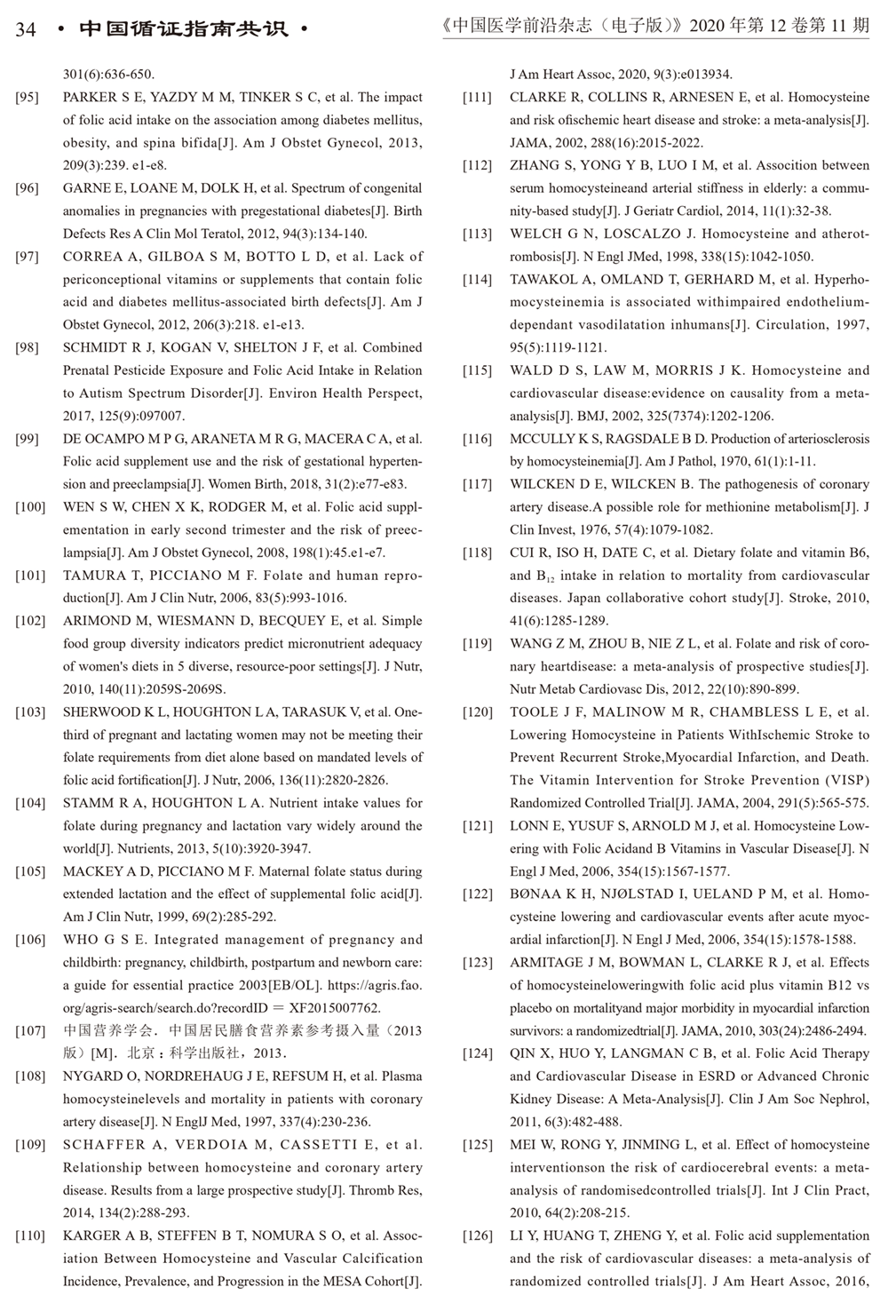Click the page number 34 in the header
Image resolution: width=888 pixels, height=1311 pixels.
point(26,29)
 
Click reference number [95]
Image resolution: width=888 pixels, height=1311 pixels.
point(28,98)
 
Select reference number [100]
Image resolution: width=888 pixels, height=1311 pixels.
point(30,507)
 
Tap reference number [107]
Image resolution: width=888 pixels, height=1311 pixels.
point(30,1031)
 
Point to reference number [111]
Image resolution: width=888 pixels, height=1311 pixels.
point(477,98)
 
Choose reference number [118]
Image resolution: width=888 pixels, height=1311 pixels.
point(477,552)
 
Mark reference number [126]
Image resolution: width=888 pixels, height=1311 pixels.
point(477,1236)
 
